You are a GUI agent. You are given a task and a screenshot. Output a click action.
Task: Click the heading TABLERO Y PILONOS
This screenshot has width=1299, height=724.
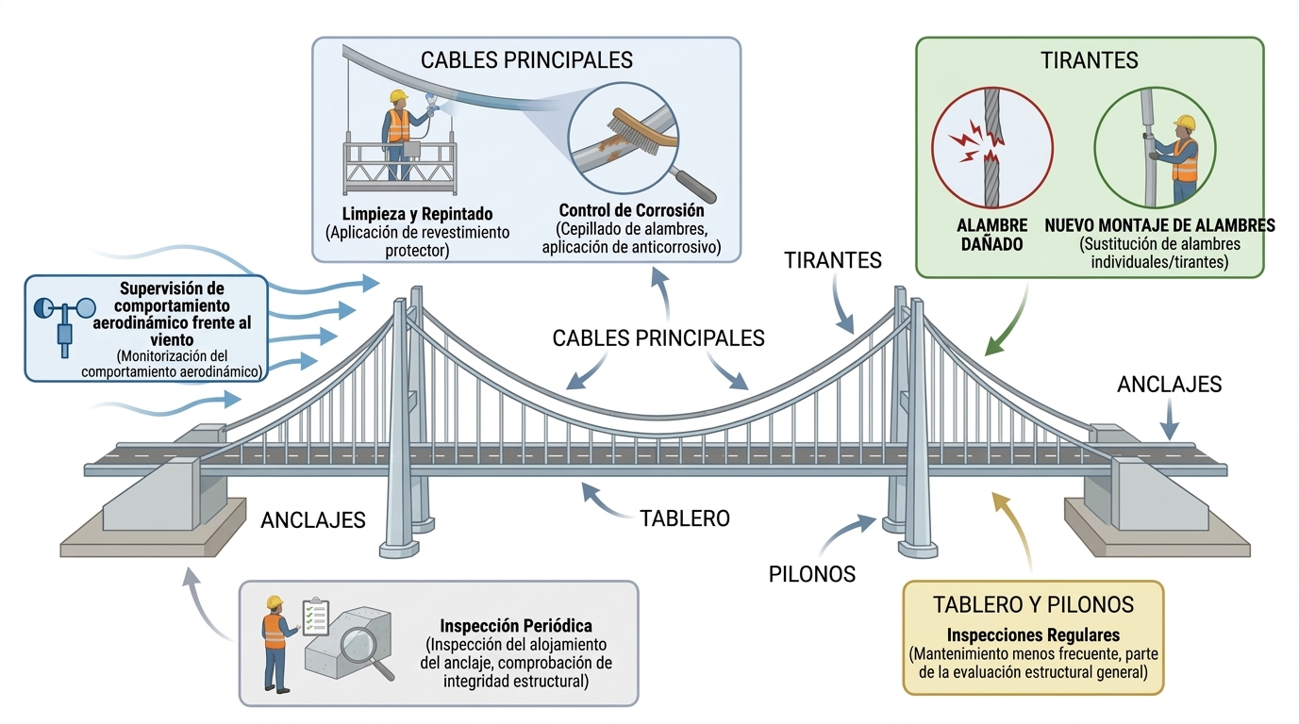tap(1033, 604)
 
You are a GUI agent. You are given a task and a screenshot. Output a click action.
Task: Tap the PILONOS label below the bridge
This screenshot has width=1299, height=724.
tap(811, 573)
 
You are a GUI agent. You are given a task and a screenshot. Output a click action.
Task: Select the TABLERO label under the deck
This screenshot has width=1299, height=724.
tap(684, 518)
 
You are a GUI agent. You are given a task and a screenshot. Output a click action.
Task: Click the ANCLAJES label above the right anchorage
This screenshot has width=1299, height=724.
tap(1169, 385)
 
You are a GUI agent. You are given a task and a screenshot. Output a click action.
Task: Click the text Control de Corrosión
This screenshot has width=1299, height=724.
tap(631, 210)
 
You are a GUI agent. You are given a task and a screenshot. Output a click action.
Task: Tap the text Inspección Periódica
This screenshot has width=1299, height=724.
tap(516, 625)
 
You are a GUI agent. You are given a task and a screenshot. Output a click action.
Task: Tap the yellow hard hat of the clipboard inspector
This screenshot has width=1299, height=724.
tap(275, 601)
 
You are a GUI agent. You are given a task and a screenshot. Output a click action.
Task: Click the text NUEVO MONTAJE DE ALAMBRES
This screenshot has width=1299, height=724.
tap(1159, 225)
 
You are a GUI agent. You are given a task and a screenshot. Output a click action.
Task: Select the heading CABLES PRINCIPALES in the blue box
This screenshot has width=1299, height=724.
tap(526, 60)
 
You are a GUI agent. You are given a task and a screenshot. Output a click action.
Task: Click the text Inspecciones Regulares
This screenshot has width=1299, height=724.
tap(1032, 635)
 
